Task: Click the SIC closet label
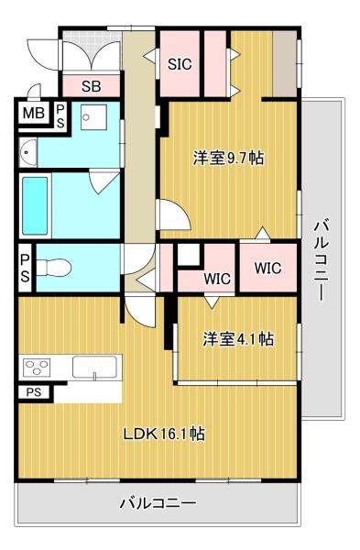(x=180, y=64)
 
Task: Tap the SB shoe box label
(x=91, y=86)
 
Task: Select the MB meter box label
(x=34, y=114)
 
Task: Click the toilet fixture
(x=54, y=268)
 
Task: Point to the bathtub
(x=35, y=205)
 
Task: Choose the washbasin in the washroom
(x=28, y=152)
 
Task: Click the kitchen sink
(x=94, y=367)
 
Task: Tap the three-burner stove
(x=37, y=368)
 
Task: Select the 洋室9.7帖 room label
(x=228, y=158)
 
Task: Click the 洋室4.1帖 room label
(x=238, y=339)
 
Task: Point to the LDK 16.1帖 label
(x=164, y=434)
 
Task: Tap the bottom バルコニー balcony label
(x=158, y=504)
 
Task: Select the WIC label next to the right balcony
(x=267, y=268)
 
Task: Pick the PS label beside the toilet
(x=25, y=268)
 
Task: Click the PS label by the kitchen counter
(x=34, y=392)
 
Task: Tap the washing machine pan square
(x=93, y=117)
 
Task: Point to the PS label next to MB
(x=60, y=116)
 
